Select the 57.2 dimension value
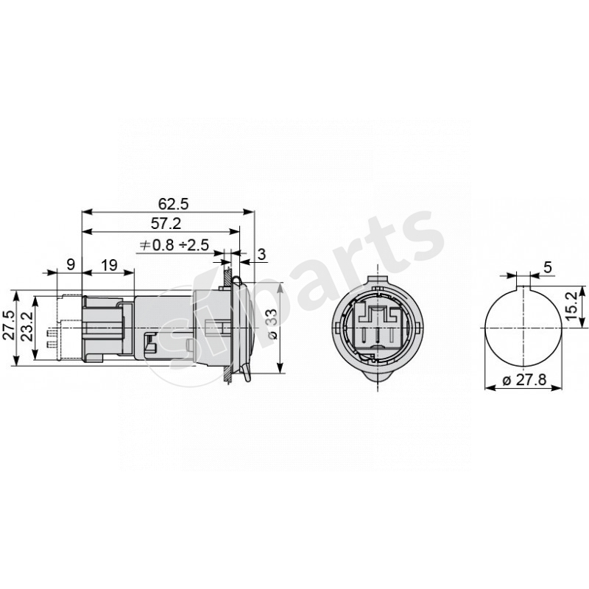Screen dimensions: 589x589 [167, 223]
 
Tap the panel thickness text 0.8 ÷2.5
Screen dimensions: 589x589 [175, 245]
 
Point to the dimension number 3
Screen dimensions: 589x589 [262, 254]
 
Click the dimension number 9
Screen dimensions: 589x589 [70, 264]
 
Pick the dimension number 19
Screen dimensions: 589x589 [108, 264]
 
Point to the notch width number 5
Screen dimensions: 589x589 [547, 267]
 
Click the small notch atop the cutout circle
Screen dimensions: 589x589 [523, 286]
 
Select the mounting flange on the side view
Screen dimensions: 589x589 [230, 327]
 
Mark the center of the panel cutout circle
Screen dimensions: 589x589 [523, 327]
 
